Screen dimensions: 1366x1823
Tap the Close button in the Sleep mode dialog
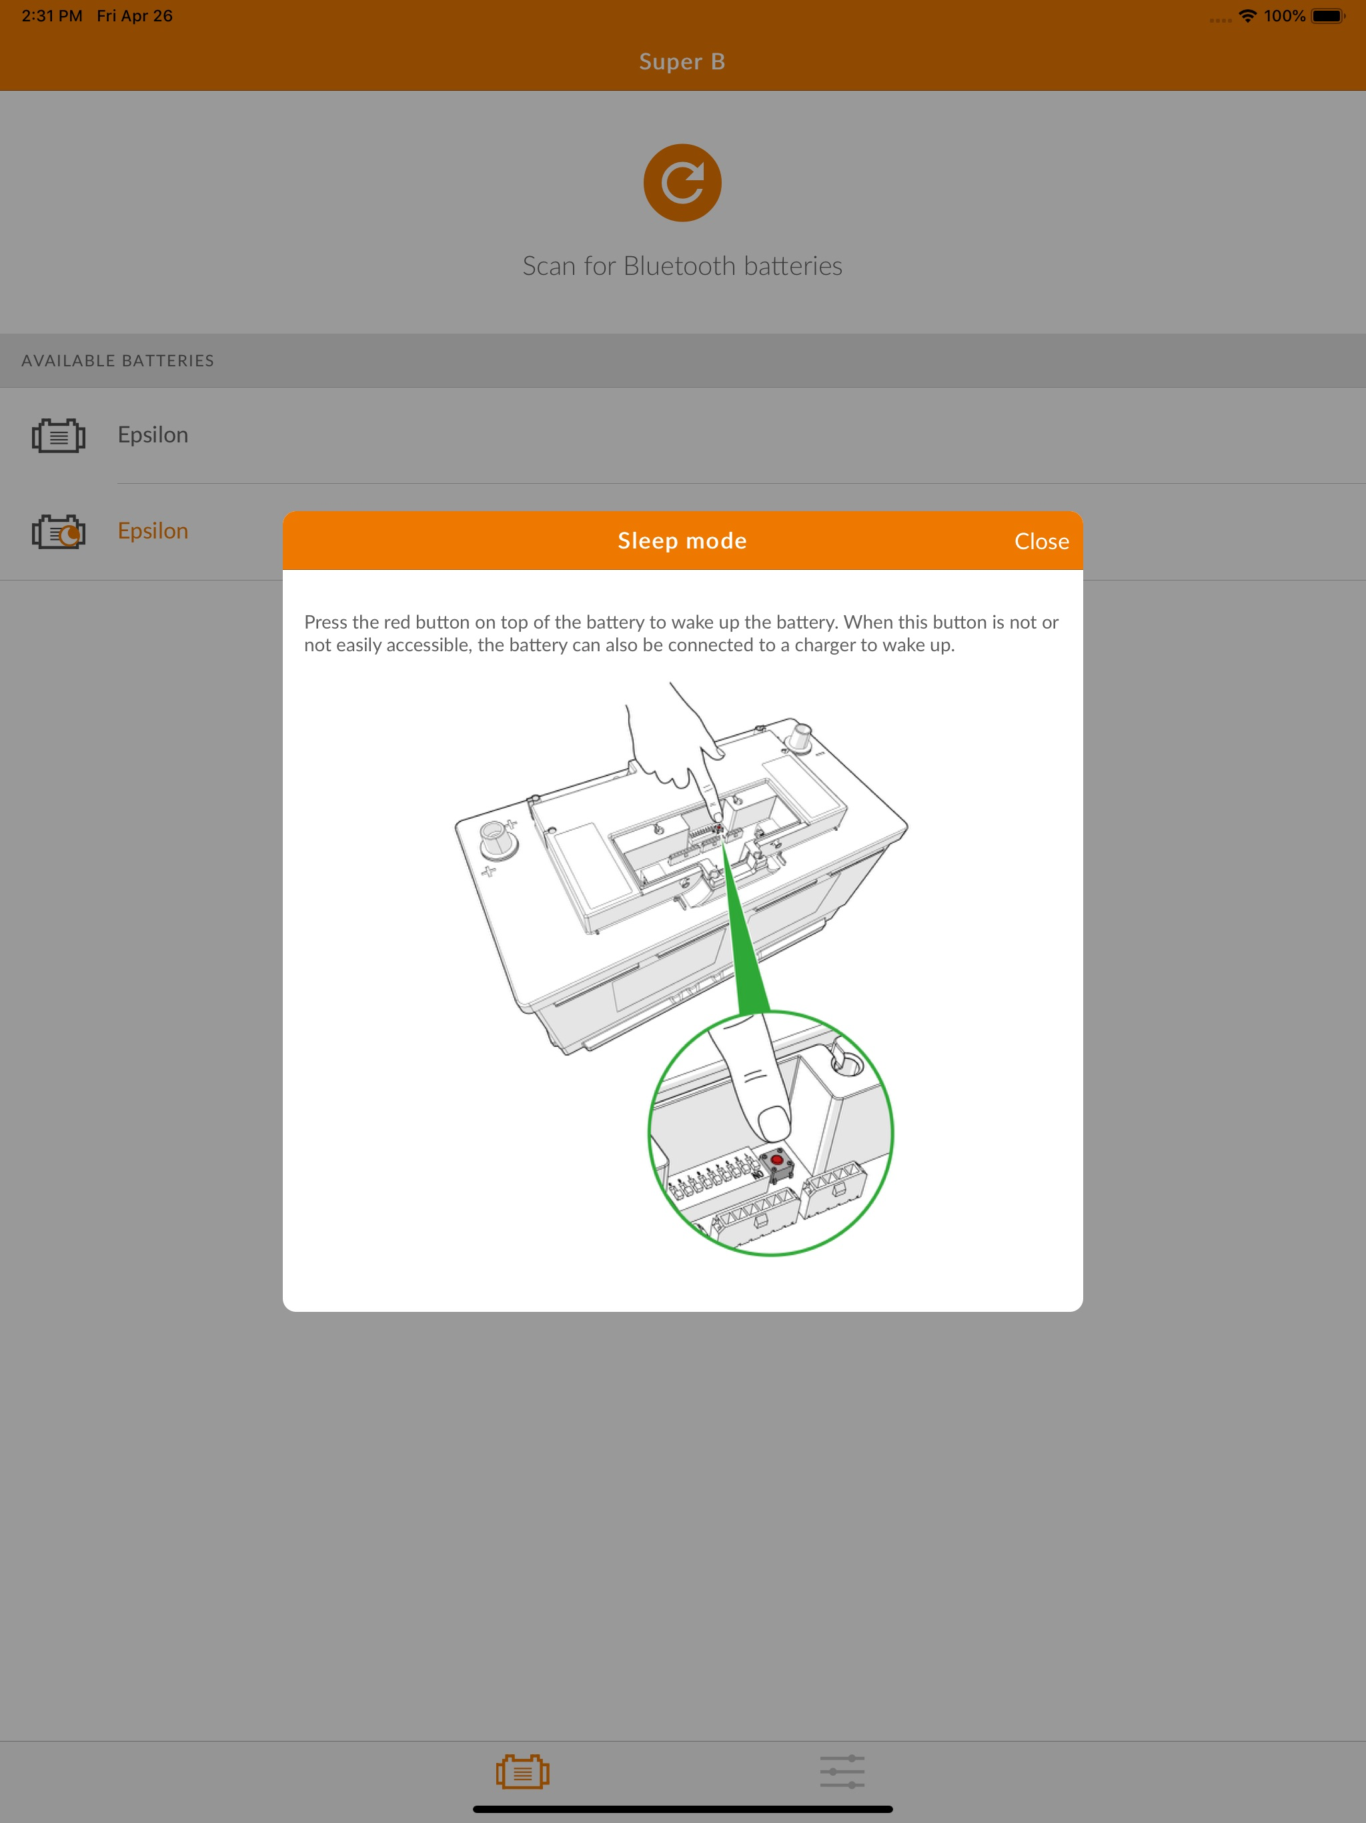[1041, 541]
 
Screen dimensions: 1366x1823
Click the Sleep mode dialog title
[682, 540]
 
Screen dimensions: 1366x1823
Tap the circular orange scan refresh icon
[682, 183]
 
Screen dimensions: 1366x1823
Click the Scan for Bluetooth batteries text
[682, 266]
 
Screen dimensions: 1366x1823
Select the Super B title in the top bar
[682, 62]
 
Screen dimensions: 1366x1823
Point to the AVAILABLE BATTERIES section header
[118, 361]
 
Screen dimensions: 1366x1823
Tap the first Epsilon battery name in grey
[153, 435]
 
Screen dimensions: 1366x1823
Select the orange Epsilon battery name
[153, 530]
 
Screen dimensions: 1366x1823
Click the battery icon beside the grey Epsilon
[59, 436]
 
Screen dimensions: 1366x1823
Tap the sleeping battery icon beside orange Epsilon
[59, 532]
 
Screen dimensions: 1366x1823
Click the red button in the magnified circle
[776, 1160]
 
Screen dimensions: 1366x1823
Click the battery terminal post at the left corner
[498, 838]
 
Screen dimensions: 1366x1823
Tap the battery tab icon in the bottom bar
[522, 1771]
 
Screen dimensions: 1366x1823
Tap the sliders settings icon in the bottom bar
[842, 1771]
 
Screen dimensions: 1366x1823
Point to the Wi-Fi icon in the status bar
[1248, 15]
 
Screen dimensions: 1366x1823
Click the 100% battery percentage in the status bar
[1285, 15]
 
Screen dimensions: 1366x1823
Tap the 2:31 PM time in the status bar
[52, 15]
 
